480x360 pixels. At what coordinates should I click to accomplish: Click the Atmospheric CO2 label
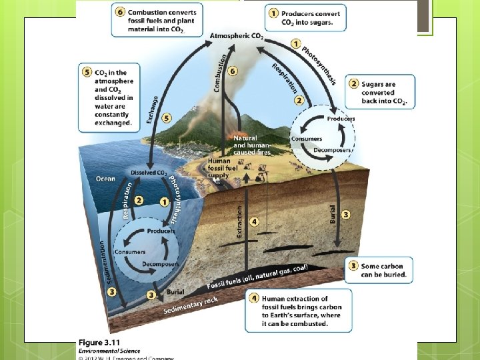coord(237,35)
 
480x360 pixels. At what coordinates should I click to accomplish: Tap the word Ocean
coord(105,179)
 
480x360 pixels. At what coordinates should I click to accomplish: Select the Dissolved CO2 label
coord(149,173)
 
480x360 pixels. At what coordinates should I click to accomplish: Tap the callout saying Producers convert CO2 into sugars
coord(306,18)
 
